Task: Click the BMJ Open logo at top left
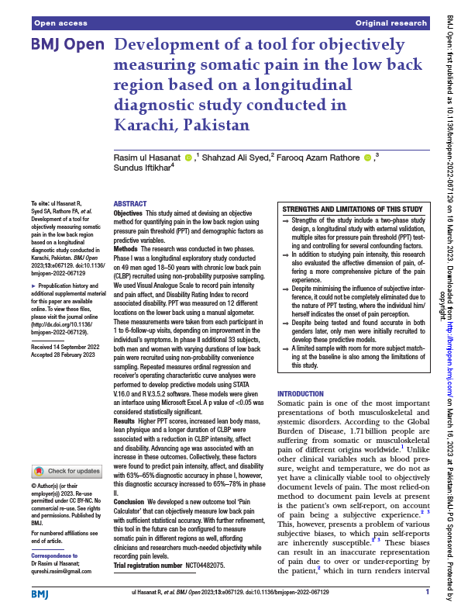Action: pos(67,45)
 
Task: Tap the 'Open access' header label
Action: pos(59,23)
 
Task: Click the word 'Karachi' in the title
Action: pos(145,125)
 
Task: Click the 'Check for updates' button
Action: pos(67,471)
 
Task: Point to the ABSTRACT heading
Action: pos(129,204)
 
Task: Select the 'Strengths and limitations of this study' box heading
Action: pos(352,209)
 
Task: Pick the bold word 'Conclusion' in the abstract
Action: pos(129,503)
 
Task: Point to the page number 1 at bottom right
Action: pos(427,592)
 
